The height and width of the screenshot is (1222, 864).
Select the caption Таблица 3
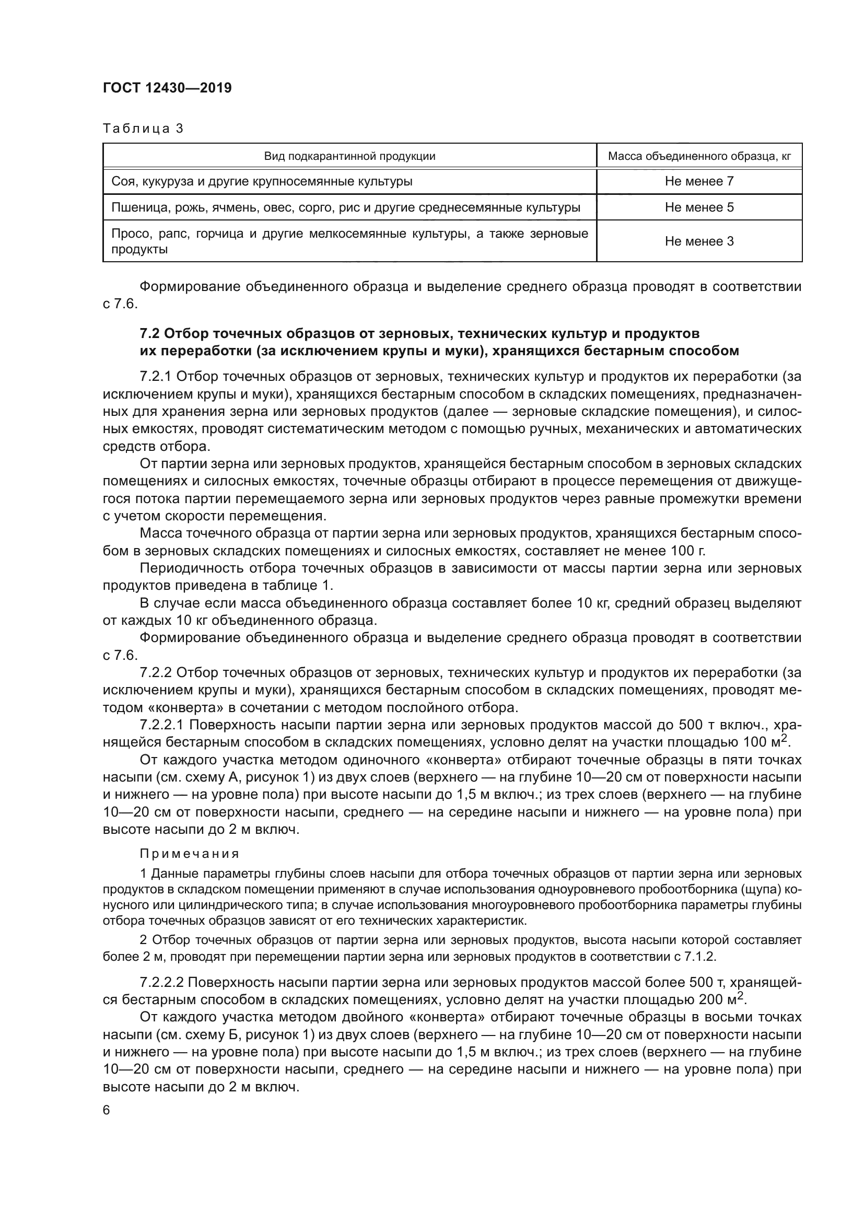143,129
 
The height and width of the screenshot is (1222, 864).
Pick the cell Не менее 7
699,181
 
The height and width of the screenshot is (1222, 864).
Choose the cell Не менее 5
699,207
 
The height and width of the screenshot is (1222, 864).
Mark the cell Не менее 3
699,241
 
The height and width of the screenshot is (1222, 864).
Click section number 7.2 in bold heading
150,334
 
